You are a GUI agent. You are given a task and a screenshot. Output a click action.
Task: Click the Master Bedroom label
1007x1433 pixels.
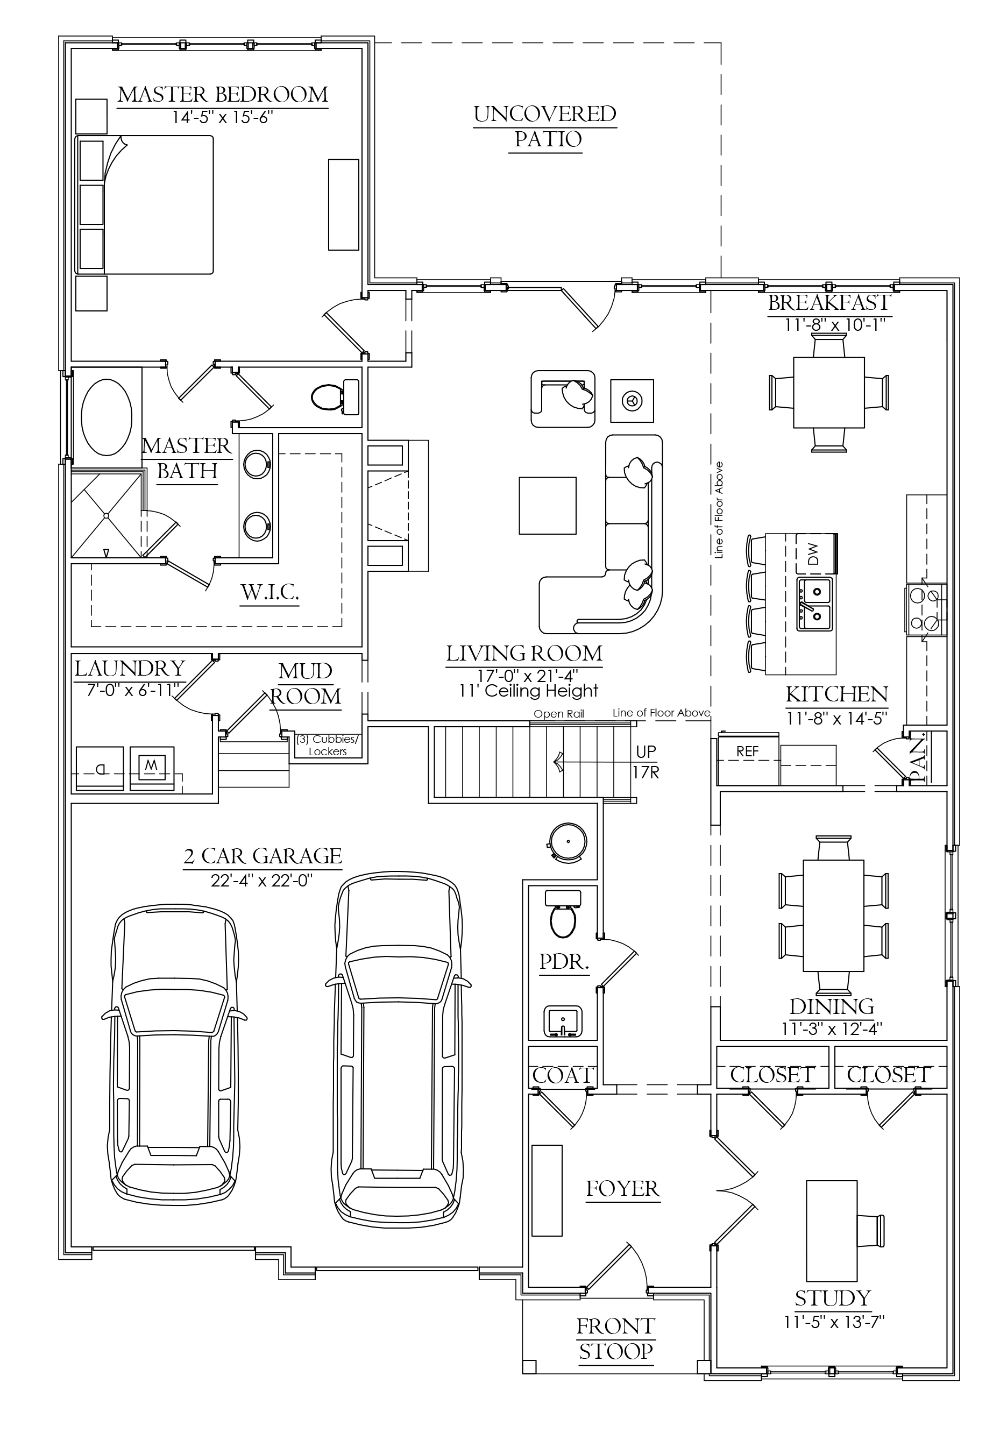[x=223, y=95]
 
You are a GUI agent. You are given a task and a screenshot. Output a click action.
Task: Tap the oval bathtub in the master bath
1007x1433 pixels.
[x=107, y=417]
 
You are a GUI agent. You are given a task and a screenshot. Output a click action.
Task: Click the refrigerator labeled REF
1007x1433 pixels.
[x=747, y=760]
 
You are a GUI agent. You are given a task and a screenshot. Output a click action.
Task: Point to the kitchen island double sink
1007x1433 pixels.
[x=815, y=604]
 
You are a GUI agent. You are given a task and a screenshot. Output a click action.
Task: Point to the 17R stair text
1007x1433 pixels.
[x=646, y=772]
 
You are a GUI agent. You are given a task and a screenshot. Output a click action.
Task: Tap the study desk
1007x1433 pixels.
[x=832, y=1229]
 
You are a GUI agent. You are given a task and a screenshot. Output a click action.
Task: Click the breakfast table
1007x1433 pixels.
[x=829, y=393]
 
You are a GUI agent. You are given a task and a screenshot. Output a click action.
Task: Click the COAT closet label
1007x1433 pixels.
[x=563, y=1075]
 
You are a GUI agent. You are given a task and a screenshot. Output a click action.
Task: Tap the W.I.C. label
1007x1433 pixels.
[x=270, y=592]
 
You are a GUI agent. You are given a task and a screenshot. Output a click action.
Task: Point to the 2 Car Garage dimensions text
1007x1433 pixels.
[x=261, y=881]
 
